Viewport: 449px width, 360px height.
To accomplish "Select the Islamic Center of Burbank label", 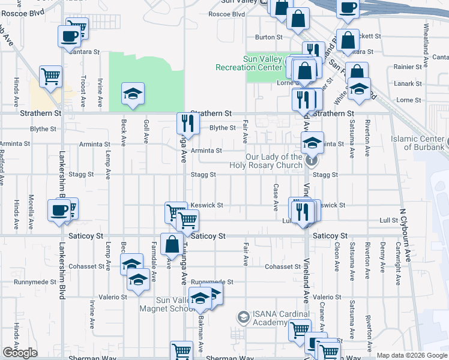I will point(419,143).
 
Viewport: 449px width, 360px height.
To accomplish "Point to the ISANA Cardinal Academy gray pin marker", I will point(243,316).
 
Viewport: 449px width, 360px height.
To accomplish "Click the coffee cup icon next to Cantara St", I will point(70,35).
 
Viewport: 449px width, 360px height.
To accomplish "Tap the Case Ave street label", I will point(276,197).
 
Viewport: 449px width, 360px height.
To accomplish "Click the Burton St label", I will point(268,37).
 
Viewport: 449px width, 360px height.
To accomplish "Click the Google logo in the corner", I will point(20,353).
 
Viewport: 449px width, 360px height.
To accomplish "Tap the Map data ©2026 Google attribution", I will point(411,355).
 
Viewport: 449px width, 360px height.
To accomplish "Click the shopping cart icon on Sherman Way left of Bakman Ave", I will point(181,350).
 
